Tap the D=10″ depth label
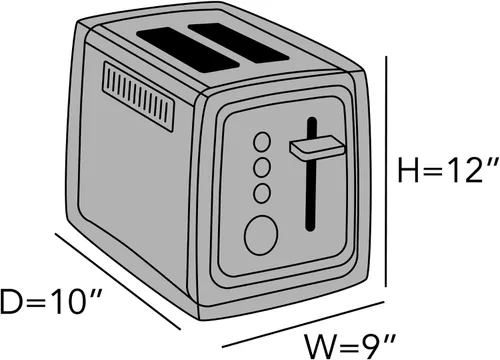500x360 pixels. coord(51,302)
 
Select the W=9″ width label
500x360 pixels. coord(351,347)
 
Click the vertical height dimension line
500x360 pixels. coord(386,171)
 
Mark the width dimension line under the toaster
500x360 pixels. coord(303,324)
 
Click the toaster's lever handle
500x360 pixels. coord(317,148)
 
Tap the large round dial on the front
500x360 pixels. coord(261,235)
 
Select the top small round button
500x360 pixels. coord(262,142)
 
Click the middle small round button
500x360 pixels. coord(262,168)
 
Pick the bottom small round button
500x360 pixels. coord(262,193)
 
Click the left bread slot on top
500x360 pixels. coord(188,49)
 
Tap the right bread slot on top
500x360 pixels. coord(239,42)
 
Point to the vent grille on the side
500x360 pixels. coord(139,96)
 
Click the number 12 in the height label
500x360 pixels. coord(461,170)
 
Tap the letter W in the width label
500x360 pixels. coord(320,347)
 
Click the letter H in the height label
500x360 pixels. coord(408,171)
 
